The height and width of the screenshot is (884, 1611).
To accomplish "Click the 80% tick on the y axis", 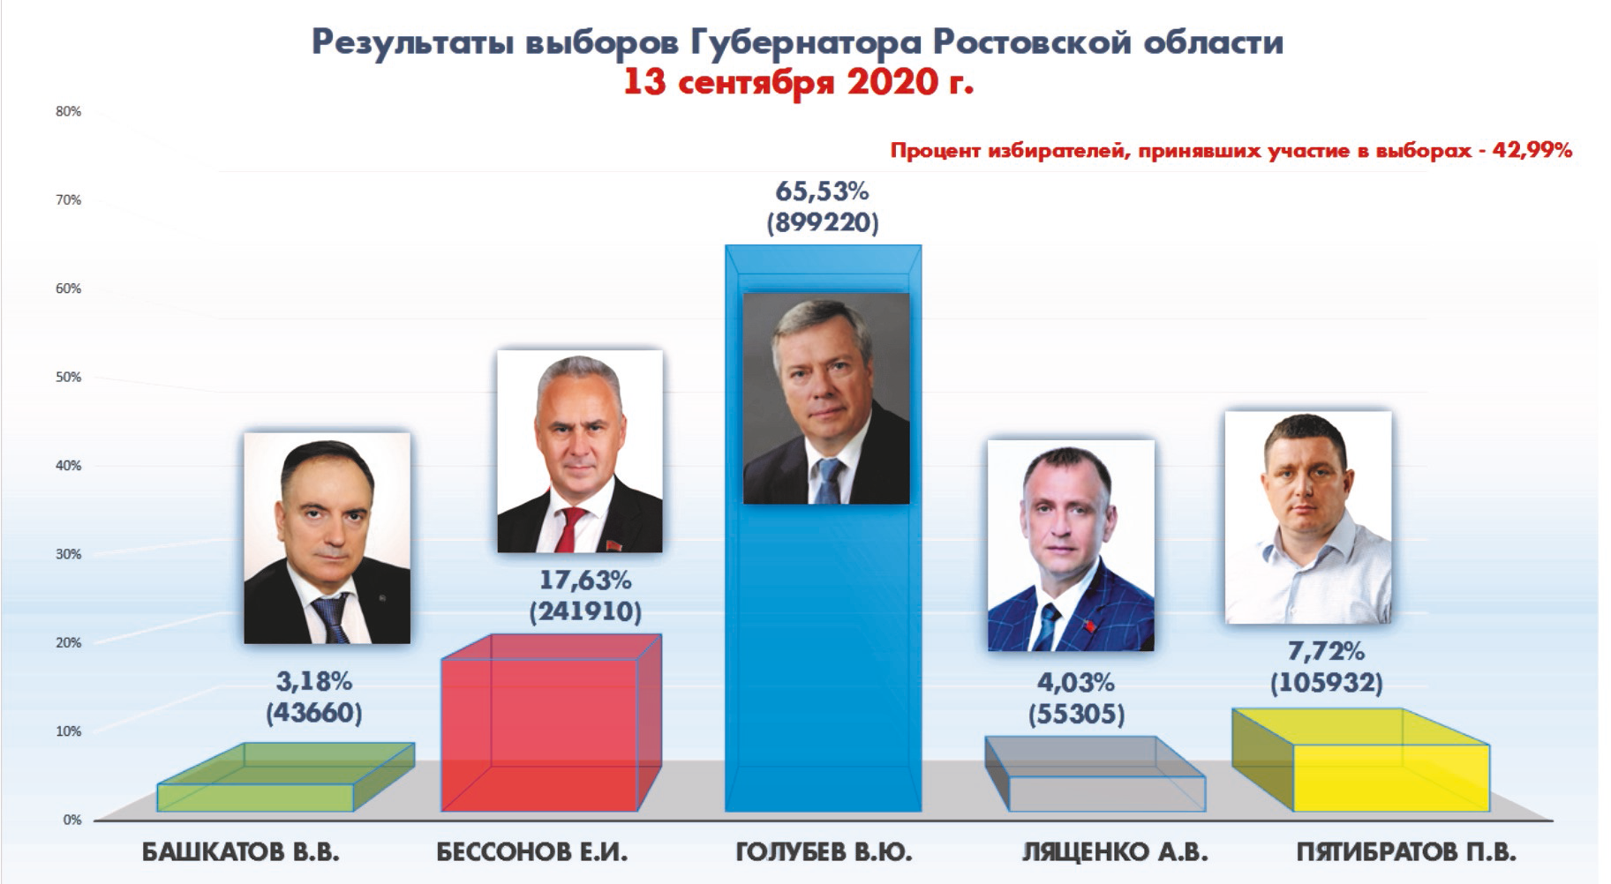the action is pyautogui.click(x=68, y=111).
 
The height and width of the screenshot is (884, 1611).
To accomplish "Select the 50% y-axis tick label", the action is pyautogui.click(x=68, y=377).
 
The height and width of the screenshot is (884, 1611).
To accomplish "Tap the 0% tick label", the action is pyautogui.click(x=72, y=820).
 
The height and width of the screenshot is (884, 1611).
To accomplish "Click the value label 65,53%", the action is pyautogui.click(x=822, y=191).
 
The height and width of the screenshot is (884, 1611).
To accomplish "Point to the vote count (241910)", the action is pyautogui.click(x=585, y=611).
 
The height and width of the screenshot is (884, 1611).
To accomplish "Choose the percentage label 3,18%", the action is pyautogui.click(x=313, y=681).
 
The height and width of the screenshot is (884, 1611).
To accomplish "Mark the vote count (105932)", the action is pyautogui.click(x=1326, y=683).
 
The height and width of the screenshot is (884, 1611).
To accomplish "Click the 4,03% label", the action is pyautogui.click(x=1075, y=682).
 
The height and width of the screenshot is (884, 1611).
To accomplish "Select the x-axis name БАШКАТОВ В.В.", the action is pyautogui.click(x=240, y=852).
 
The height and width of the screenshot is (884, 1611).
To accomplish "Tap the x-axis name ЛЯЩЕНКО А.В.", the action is pyautogui.click(x=1115, y=852).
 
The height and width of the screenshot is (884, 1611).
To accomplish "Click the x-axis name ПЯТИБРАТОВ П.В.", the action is pyautogui.click(x=1406, y=852).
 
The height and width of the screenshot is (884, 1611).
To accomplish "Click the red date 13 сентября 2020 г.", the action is pyautogui.click(x=799, y=82).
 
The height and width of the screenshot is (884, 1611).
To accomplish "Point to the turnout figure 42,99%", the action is pyautogui.click(x=1532, y=150).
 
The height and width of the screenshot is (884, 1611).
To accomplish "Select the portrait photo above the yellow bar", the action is pyautogui.click(x=1308, y=517).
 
